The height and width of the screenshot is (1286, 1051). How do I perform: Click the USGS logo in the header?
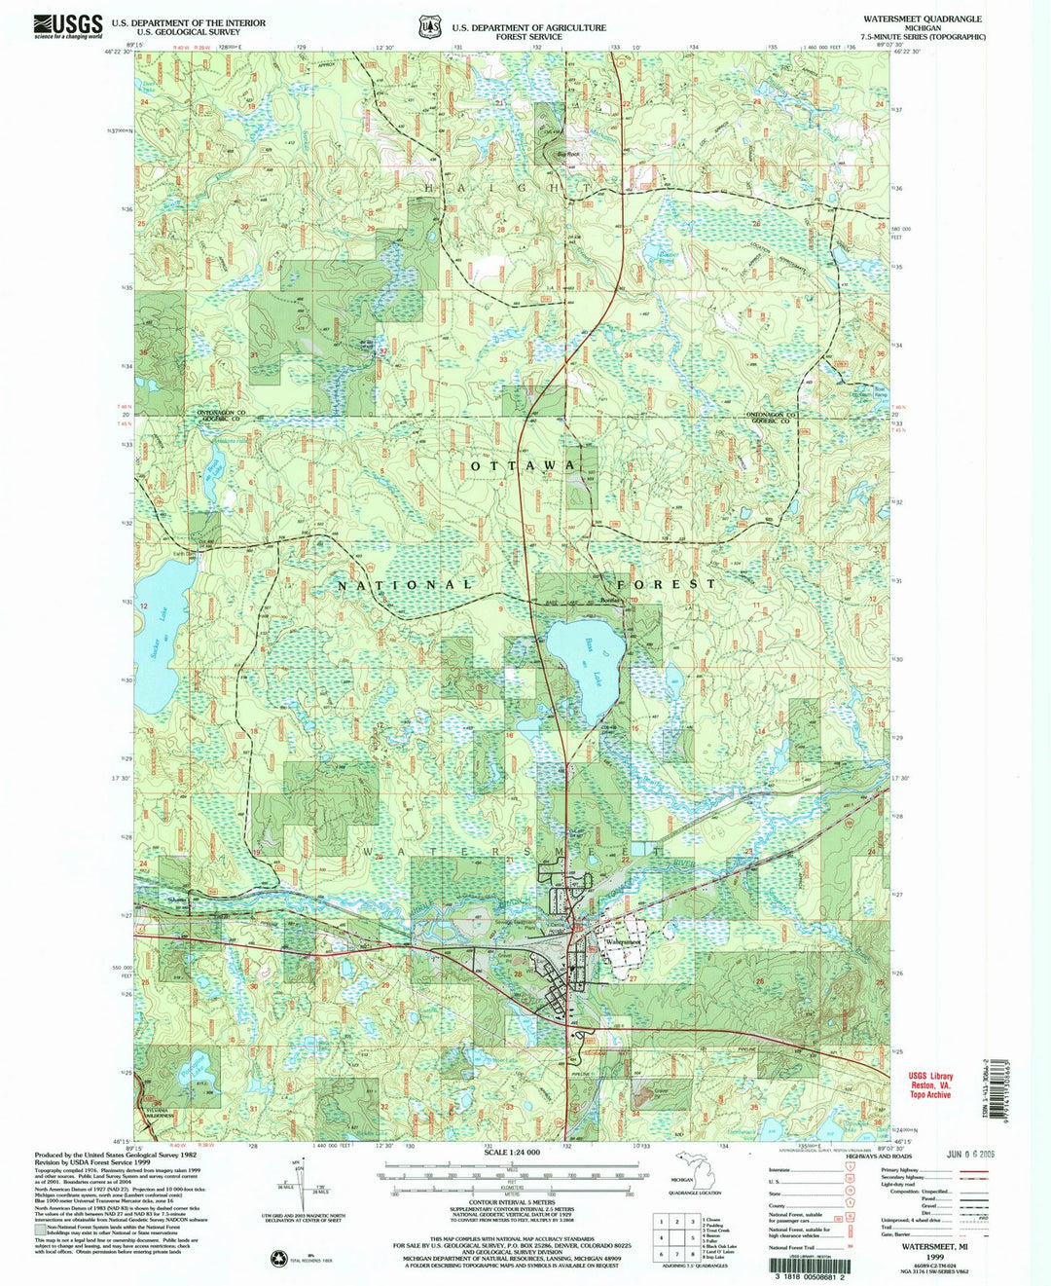coord(68,26)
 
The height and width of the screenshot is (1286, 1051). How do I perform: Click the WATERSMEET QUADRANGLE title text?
coord(922,18)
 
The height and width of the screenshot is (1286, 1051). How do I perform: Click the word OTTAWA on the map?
coord(524,466)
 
